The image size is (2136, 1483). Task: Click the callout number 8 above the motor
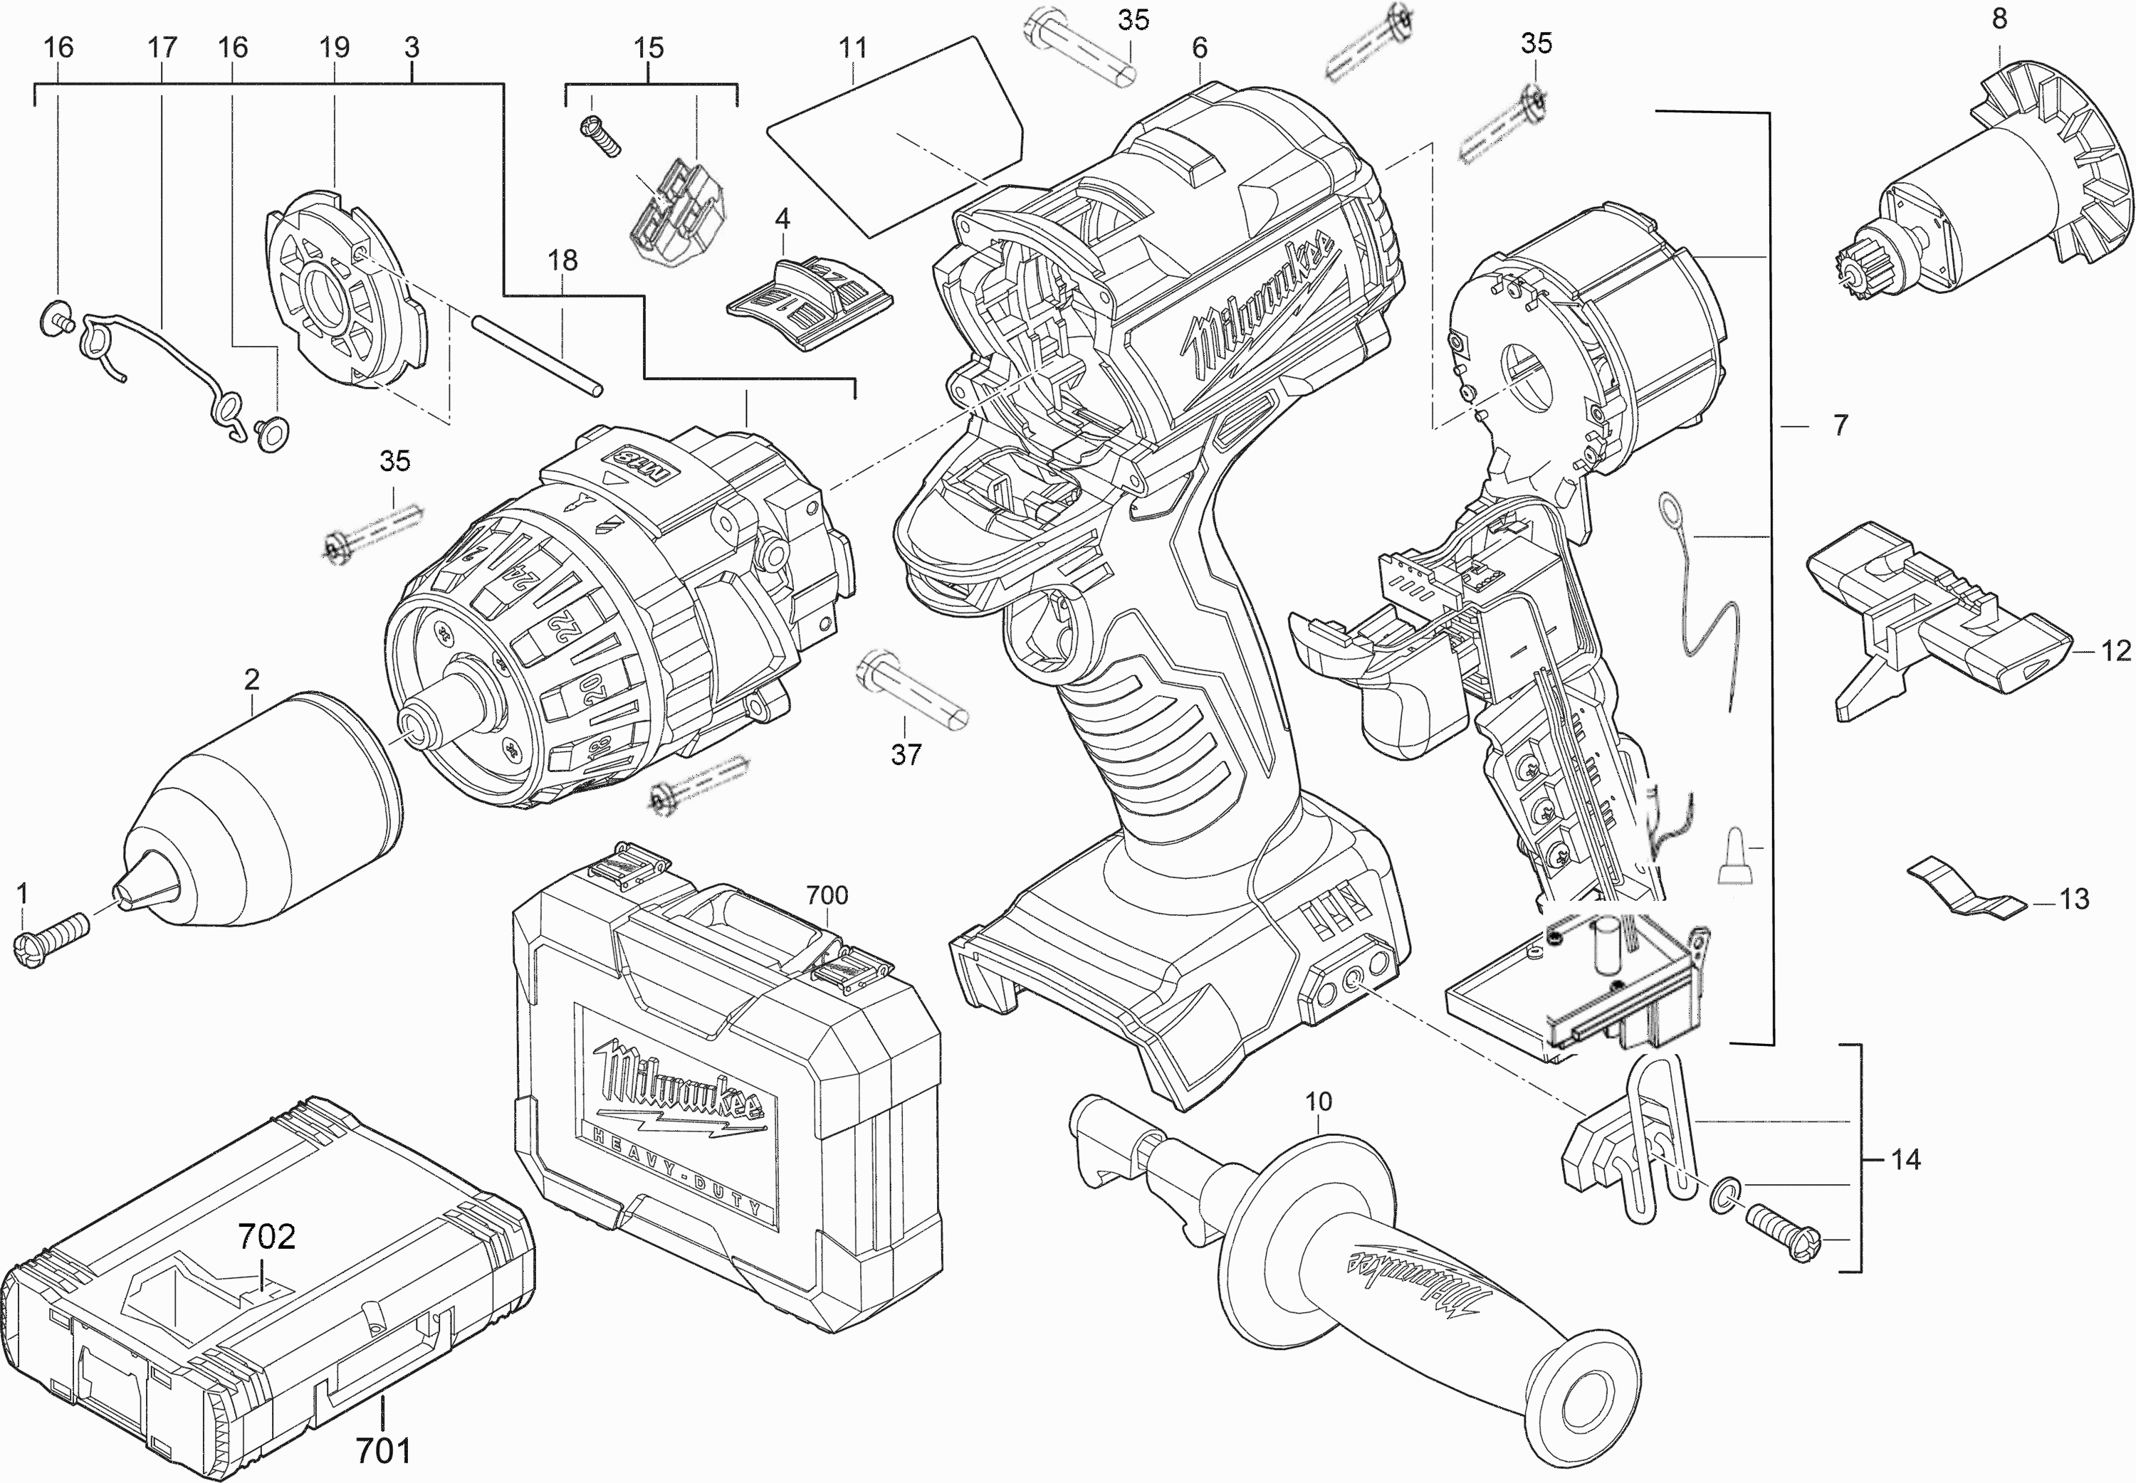(x=1999, y=19)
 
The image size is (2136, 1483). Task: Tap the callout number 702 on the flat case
(x=267, y=1237)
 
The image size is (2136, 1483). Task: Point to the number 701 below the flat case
(x=383, y=1449)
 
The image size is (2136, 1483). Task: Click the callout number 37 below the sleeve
(x=906, y=754)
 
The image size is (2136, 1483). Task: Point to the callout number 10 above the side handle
(x=1318, y=1102)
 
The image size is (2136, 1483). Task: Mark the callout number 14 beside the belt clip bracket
(x=1905, y=1160)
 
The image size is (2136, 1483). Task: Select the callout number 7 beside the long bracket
(x=1840, y=426)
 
